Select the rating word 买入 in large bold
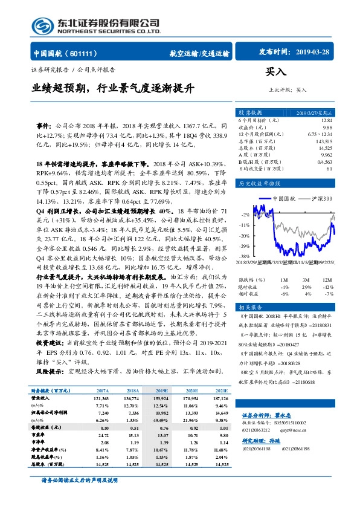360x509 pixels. pyautogui.click(x=275, y=71)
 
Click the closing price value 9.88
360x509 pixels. pyautogui.click(x=327, y=128)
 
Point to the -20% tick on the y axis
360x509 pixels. pyautogui.click(x=245, y=236)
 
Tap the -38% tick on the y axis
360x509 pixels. pyautogui.click(x=243, y=257)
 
